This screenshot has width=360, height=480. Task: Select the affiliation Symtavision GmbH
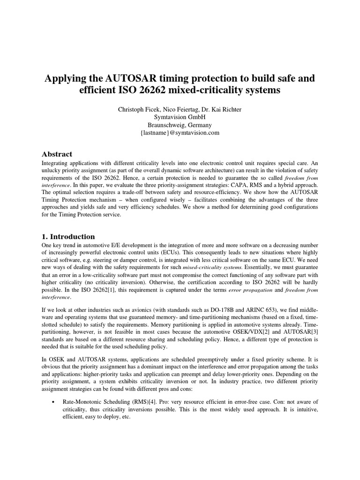click(x=180, y=117)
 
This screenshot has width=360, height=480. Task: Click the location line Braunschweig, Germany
click(x=180, y=125)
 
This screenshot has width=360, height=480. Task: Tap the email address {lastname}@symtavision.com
click(x=180, y=133)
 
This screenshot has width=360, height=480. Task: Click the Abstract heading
click(x=57, y=154)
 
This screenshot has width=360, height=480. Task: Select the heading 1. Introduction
click(x=68, y=236)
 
